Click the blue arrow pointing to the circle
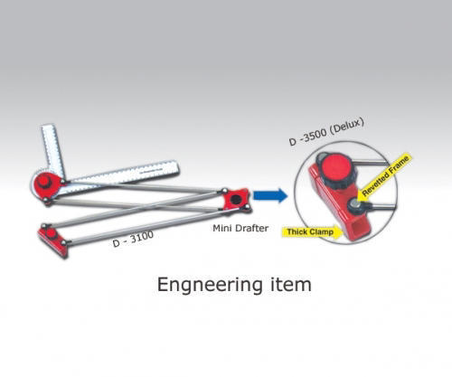tap(270, 195)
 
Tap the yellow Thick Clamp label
tap(313, 232)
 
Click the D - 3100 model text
tap(133, 239)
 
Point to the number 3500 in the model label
tap(314, 135)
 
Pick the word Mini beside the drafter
tap(223, 228)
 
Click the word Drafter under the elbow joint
tap(252, 228)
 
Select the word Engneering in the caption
tap(210, 285)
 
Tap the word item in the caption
tap(291, 285)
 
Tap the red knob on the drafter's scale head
tap(44, 183)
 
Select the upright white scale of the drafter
tap(52, 150)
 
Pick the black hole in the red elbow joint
tap(236, 199)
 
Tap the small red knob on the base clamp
tap(51, 233)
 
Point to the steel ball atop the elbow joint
tap(224, 190)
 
